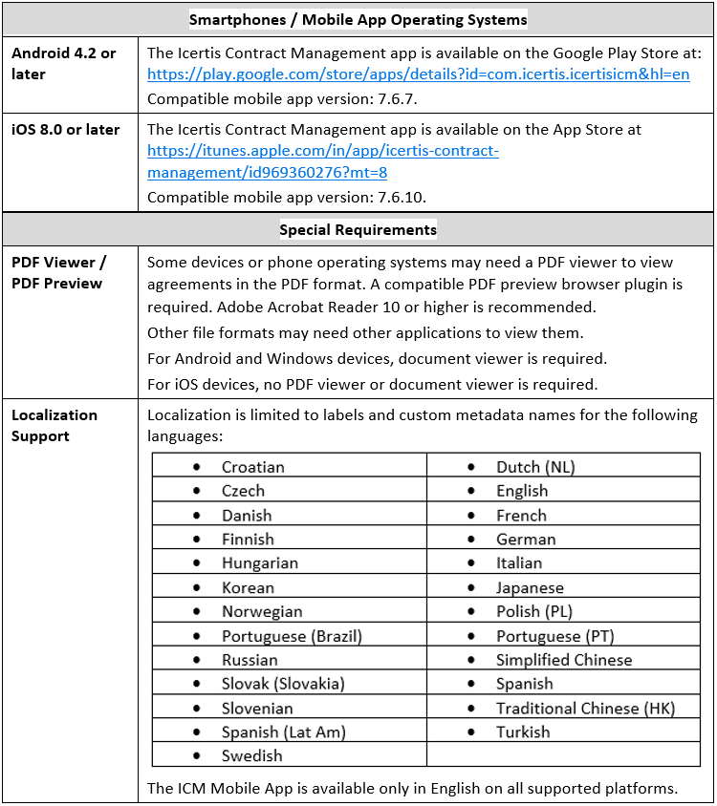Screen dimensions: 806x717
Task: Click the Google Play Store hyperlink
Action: pos(418,74)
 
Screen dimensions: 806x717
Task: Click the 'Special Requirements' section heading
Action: pos(358,229)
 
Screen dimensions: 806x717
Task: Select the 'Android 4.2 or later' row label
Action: pos(64,63)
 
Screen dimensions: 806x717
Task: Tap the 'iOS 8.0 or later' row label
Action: pos(66,129)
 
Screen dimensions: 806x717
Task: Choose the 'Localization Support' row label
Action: pos(54,425)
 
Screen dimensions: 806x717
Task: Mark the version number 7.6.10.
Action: pos(395,197)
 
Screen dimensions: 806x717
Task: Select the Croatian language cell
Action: pos(253,467)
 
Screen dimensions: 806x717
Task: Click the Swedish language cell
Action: pos(252,755)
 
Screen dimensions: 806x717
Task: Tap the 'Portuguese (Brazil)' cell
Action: pos(292,635)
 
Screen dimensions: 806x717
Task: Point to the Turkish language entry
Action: pos(523,732)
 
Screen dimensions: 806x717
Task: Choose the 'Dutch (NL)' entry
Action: pos(535,467)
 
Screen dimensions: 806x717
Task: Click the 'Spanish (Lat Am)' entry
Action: pos(284,732)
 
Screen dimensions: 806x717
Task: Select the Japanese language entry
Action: pos(530,587)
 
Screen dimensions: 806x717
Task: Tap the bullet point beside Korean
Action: pos(197,587)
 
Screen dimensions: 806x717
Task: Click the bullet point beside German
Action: pos(471,539)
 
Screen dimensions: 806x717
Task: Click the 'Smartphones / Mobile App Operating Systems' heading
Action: pos(358,19)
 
